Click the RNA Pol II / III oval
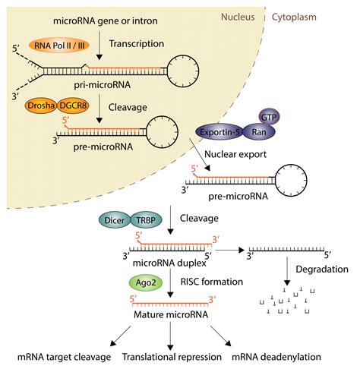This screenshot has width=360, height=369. [59, 46]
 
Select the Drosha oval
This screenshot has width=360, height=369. [41, 106]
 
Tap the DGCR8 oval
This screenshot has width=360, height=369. [73, 106]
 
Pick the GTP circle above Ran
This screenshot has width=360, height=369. [269, 117]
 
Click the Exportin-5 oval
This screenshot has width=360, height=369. [219, 132]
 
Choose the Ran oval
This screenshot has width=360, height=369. [259, 132]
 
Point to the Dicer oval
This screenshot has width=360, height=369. [115, 220]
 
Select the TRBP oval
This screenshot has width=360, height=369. [146, 220]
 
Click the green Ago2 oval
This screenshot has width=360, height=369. [146, 282]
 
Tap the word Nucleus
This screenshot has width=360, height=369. [238, 17]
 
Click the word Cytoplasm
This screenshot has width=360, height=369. [294, 17]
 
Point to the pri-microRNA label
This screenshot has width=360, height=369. [103, 85]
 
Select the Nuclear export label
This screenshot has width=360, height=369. [235, 154]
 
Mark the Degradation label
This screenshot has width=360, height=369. [322, 269]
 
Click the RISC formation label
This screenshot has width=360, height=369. [212, 282]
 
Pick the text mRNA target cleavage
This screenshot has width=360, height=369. [64, 357]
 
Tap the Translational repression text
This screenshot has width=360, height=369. [172, 357]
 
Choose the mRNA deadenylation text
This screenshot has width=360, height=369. [276, 357]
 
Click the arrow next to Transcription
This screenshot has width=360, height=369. [99, 46]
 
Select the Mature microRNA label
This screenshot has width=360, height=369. [171, 314]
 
